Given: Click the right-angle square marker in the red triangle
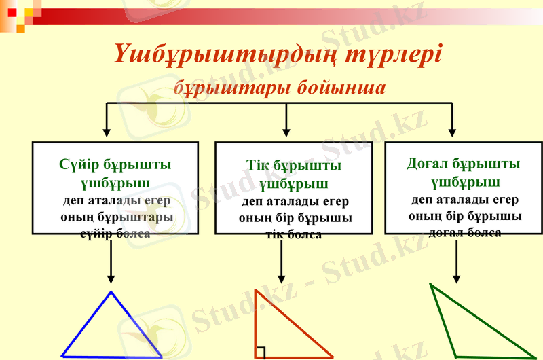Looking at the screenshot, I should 261,352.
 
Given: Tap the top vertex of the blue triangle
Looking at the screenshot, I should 111,293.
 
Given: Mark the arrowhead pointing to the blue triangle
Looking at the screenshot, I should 111,278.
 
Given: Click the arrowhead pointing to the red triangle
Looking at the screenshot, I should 281,278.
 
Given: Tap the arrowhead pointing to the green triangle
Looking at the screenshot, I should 457,278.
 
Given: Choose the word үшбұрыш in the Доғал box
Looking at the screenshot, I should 465,182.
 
